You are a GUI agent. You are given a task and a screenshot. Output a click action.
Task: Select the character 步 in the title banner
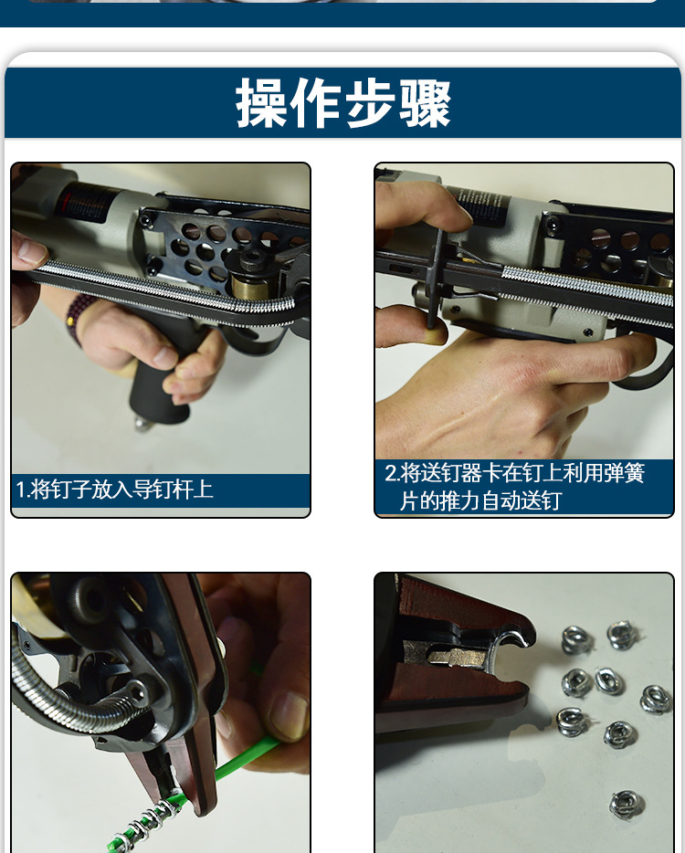point(371,102)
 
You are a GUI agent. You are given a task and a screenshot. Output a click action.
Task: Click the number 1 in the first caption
point(20,490)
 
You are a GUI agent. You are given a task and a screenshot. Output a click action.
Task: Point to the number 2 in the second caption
point(390,474)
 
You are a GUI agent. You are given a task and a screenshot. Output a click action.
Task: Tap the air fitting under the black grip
point(142,424)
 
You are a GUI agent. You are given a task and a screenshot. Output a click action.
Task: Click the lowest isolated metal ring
point(626,803)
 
